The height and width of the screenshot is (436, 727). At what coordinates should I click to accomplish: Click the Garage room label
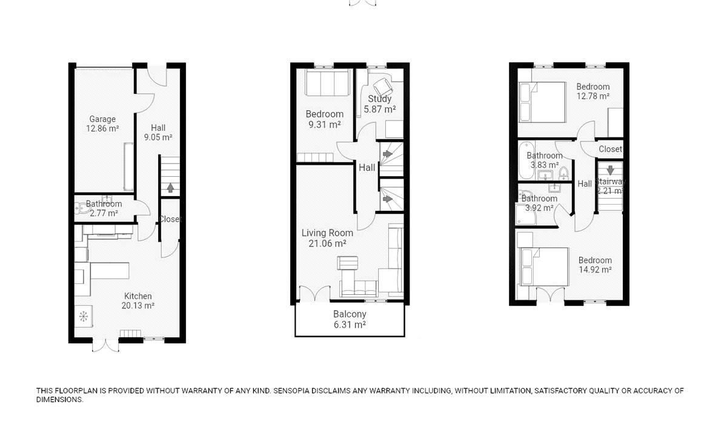click(102, 119)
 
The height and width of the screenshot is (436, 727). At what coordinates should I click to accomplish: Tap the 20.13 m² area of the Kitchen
click(138, 306)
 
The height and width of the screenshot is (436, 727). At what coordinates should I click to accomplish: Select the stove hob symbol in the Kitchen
click(84, 316)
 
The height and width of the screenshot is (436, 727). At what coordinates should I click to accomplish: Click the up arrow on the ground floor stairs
click(170, 188)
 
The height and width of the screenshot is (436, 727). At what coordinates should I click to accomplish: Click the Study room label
click(380, 99)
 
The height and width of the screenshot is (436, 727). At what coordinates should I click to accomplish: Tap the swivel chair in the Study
click(383, 87)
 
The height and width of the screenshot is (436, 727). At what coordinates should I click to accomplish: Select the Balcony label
click(350, 314)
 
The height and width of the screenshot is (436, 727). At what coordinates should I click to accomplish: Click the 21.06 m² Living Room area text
click(327, 243)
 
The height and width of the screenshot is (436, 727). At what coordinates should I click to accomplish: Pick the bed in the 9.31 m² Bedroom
click(327, 82)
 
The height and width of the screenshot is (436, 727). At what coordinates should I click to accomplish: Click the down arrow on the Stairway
click(611, 170)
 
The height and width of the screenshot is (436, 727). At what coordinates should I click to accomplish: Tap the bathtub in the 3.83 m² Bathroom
click(526, 160)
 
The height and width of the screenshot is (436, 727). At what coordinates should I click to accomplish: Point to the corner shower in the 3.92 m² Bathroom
click(526, 214)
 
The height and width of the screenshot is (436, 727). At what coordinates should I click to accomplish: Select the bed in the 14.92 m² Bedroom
click(544, 266)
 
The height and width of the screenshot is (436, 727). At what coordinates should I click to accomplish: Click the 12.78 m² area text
click(593, 96)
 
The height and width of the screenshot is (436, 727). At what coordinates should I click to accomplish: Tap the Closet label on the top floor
click(611, 149)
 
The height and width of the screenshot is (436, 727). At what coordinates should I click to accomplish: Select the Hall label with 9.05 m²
click(158, 128)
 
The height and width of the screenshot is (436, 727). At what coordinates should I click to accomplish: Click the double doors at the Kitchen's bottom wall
click(105, 345)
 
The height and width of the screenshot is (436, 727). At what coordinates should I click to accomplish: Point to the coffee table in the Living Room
click(348, 263)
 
